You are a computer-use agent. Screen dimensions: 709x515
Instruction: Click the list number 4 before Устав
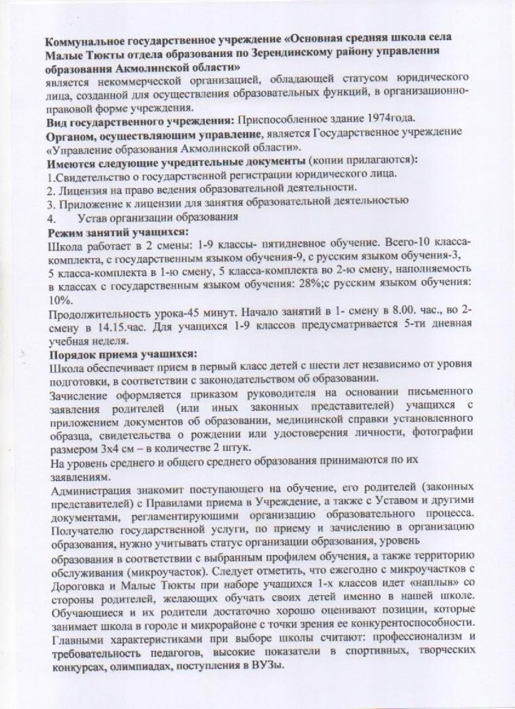(50, 218)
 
